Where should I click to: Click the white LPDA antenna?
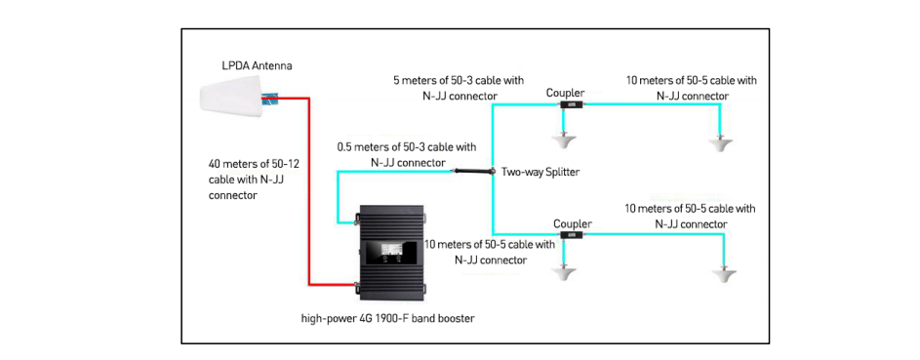point(232,97)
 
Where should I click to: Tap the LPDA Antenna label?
point(256,66)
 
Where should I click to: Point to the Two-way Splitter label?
point(539,173)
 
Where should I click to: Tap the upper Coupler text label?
point(565,93)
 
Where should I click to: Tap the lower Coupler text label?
point(573,223)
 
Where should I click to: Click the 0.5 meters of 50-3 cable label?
point(406,154)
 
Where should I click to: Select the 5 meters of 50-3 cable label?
point(459,87)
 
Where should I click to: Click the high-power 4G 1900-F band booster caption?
point(387,319)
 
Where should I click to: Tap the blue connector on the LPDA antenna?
point(270,99)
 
